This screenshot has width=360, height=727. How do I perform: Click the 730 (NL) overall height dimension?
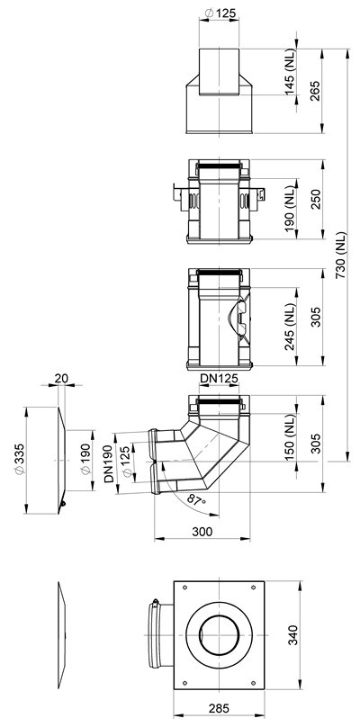click(x=341, y=255)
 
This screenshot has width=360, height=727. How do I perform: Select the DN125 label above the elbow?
click(x=219, y=379)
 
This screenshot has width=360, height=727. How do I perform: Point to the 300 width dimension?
click(x=202, y=532)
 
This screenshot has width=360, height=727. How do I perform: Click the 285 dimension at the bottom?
click(x=219, y=708)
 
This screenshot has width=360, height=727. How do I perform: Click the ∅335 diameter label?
click(x=20, y=459)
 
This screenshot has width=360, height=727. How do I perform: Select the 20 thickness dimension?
click(x=61, y=378)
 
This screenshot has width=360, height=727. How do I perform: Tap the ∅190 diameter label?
click(x=85, y=460)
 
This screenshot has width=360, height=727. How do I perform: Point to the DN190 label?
click(x=109, y=463)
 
